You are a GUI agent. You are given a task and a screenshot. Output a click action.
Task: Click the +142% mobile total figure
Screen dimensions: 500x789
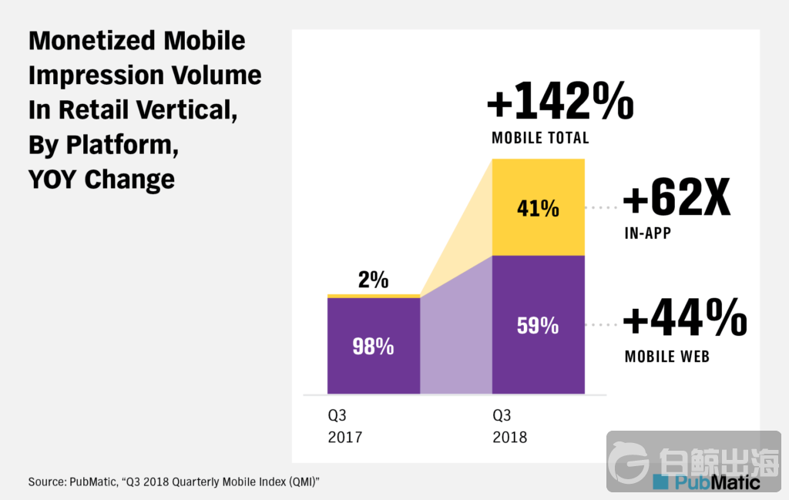[560, 102]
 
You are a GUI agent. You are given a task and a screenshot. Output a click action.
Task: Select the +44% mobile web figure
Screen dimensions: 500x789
[685, 318]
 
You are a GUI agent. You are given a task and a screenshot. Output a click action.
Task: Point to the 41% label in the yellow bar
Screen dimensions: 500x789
[538, 208]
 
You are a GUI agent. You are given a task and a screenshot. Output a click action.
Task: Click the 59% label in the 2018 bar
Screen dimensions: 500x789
[538, 325]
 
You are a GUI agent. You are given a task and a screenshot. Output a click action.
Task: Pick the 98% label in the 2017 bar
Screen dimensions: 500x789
[373, 347]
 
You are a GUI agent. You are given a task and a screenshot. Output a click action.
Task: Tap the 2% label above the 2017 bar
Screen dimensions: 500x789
[373, 280]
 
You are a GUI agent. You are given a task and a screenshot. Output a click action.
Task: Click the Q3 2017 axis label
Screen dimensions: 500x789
[344, 426]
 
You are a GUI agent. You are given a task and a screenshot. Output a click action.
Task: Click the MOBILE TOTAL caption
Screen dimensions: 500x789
[540, 139]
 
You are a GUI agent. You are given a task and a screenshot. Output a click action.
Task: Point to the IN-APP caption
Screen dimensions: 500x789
[648, 233]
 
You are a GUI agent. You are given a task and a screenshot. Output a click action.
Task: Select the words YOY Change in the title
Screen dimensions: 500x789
[102, 179]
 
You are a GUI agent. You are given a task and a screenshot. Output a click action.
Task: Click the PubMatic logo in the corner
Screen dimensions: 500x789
[706, 482]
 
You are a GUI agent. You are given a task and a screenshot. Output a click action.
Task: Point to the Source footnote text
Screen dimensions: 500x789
[173, 482]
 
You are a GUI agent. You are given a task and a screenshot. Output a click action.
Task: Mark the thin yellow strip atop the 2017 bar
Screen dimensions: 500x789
[374, 296]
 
